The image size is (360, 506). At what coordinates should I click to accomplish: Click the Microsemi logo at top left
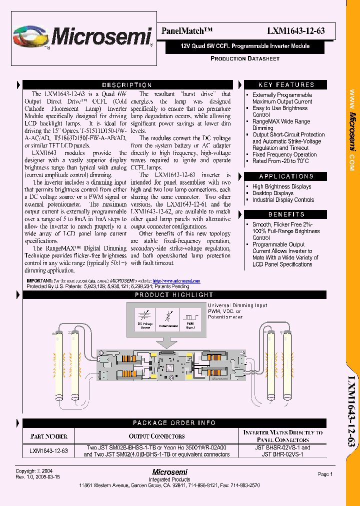point(82,37)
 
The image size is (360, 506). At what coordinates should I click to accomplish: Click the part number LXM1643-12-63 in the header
point(296,31)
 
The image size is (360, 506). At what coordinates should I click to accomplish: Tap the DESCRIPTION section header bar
point(127,85)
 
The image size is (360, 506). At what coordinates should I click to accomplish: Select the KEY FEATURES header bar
point(286,85)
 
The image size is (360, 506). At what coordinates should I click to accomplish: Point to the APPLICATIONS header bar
point(286,176)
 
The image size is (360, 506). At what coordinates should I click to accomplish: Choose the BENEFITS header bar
point(286,214)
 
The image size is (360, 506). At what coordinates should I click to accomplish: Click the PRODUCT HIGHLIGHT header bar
point(174,295)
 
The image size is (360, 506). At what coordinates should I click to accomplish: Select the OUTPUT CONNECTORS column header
point(156,436)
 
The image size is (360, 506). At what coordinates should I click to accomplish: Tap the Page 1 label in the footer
point(325,474)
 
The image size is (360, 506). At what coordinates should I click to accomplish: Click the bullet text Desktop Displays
point(273,193)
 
